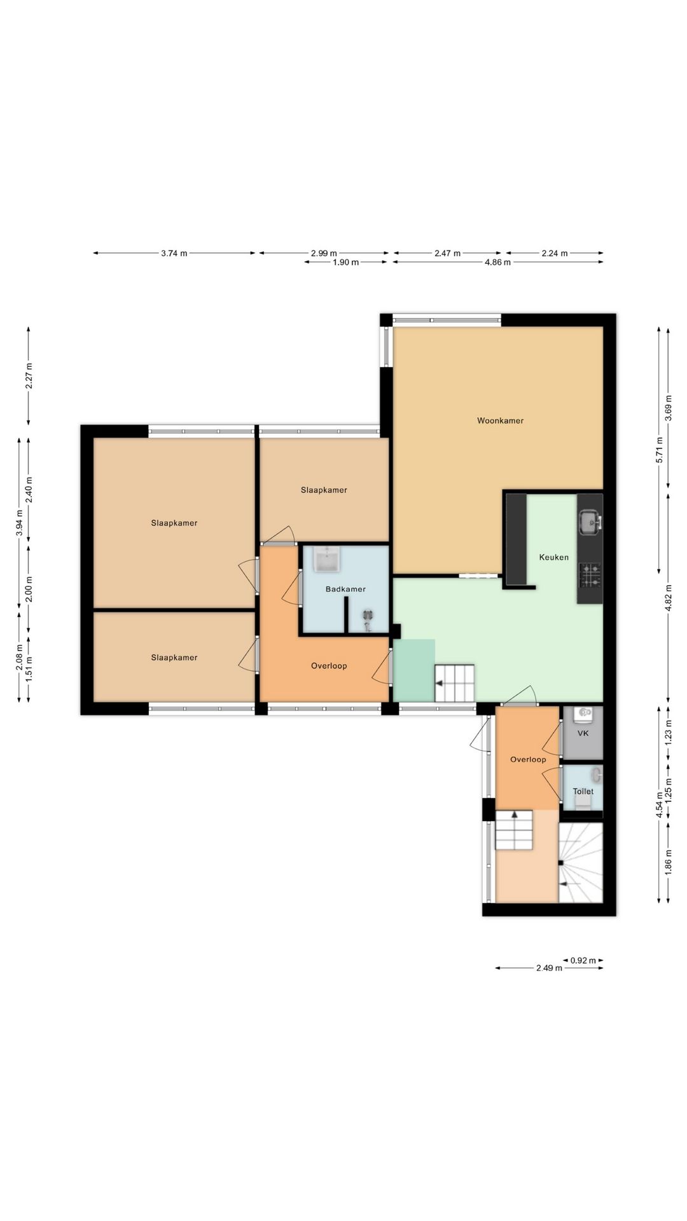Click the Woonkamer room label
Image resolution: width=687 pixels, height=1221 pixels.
point(501,420)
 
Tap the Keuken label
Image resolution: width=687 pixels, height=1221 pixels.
point(554,557)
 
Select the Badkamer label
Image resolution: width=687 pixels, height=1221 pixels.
point(345,589)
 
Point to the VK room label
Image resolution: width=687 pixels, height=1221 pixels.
point(583,733)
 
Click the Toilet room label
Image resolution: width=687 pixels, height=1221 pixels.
point(583,792)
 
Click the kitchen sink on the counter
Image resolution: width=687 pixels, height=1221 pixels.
point(590,523)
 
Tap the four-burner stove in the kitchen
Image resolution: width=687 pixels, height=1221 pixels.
point(590,575)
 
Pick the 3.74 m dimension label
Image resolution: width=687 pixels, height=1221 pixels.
point(174,253)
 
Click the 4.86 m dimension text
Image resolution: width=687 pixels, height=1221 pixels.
point(497,262)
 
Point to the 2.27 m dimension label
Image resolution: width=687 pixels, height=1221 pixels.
point(29,376)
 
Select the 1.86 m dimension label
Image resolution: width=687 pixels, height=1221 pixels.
point(668,862)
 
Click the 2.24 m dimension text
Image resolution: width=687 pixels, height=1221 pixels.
point(555,253)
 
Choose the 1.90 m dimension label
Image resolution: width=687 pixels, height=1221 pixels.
point(346,262)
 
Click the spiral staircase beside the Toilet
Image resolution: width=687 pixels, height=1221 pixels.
point(580,862)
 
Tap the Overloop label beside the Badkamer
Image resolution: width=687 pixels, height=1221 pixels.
point(329,666)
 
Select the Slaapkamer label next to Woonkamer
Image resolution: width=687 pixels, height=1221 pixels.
point(324,490)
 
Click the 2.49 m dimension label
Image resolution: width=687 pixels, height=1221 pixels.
point(549,968)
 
